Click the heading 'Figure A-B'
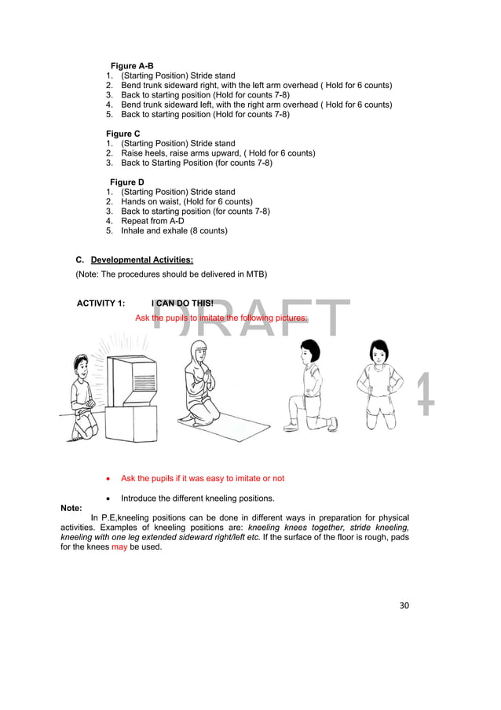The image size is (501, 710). point(132,66)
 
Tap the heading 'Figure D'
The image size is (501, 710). point(126,182)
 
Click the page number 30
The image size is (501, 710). point(404,605)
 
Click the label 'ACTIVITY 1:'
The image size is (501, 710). point(101,303)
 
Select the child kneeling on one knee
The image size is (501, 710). point(310,385)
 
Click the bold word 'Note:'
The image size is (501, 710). point(71,508)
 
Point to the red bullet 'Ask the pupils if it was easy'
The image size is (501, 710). point(202,478)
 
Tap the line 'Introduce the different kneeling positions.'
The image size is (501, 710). point(197,498)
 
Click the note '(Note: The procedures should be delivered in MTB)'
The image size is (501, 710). point(170,274)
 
